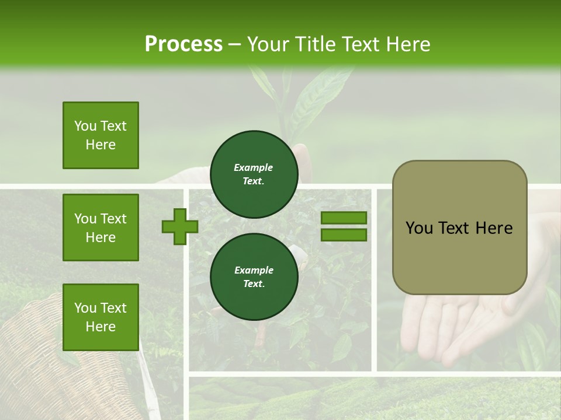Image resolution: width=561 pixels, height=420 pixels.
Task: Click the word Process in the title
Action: (183, 44)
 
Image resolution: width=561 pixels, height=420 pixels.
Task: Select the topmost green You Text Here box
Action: (101, 135)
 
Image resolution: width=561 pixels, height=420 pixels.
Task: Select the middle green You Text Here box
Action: (101, 228)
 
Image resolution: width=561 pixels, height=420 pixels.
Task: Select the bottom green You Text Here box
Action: (101, 317)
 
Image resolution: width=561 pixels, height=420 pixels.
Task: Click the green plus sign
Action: (180, 226)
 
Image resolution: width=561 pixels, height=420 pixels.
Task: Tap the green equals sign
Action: (344, 226)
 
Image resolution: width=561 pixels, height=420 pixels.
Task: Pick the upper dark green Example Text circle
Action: (254, 174)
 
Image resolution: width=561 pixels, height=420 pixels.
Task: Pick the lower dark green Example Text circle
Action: (254, 277)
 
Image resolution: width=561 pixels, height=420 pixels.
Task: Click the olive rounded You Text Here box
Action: (459, 228)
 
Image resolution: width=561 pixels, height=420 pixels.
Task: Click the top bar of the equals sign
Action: (344, 218)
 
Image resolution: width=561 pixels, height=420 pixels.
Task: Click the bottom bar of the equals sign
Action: (344, 235)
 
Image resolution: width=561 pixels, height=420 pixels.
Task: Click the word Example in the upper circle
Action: (253, 167)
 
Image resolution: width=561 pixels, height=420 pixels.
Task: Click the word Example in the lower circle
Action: (253, 270)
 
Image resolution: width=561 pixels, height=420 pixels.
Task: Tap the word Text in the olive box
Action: (455, 228)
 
